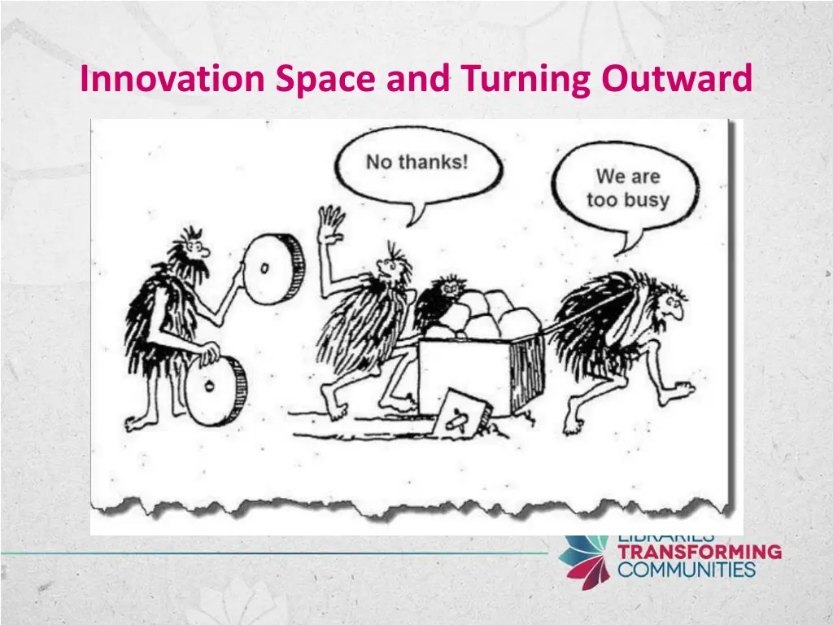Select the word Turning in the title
525,80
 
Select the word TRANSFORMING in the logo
700,551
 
